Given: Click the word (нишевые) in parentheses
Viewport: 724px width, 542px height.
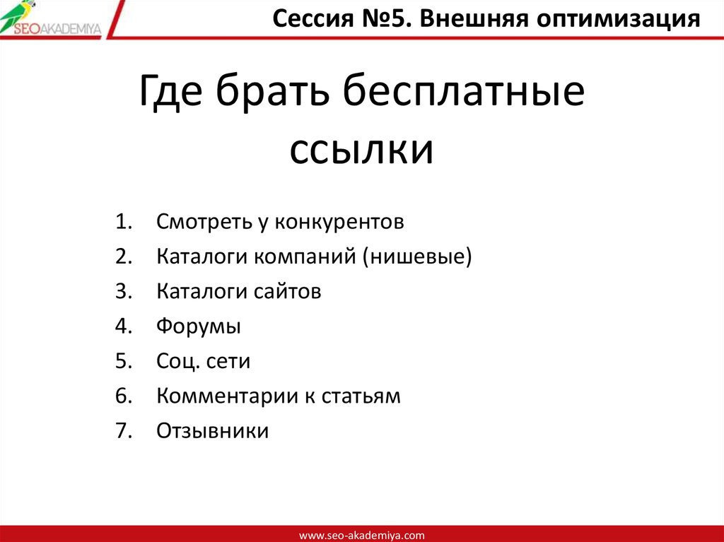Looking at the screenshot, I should click(416, 257).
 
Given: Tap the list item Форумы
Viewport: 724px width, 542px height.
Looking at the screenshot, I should click(199, 326).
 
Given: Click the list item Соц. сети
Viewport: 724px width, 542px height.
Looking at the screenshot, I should click(204, 361).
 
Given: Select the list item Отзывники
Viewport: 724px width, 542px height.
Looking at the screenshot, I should click(212, 430).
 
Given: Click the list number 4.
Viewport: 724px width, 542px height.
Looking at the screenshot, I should click(121, 326).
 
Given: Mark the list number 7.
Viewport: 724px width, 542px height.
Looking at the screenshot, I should click(121, 430).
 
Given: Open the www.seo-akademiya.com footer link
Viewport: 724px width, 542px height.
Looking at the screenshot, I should click(361, 535).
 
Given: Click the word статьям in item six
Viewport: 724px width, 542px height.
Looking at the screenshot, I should click(361, 396).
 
